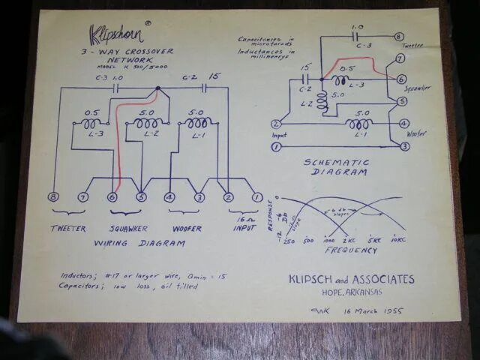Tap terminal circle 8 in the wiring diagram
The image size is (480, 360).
click(x=53, y=197)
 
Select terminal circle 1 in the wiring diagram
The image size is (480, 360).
click(x=257, y=198)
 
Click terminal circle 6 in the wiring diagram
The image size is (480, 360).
click(x=112, y=197)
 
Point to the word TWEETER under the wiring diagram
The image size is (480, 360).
click(x=68, y=228)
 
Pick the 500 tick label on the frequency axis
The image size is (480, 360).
click(x=308, y=241)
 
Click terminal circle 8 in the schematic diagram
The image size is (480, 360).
click(x=399, y=36)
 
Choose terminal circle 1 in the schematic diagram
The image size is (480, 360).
click(x=276, y=147)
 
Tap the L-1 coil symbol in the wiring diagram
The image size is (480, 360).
click(x=197, y=122)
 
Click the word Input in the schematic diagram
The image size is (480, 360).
click(x=279, y=136)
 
